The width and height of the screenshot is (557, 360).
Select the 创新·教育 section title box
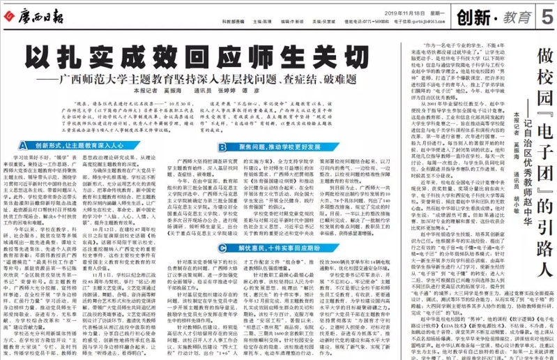[501, 15]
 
